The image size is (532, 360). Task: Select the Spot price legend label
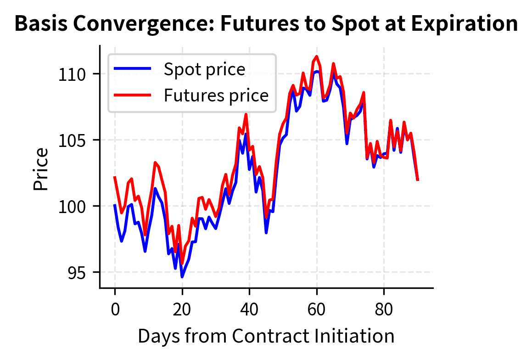tap(204, 69)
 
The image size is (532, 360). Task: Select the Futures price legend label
tap(216, 95)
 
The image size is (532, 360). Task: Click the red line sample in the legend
tap(132, 95)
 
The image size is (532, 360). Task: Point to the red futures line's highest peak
tap(317, 56)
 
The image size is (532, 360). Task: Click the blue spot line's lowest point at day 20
tap(182, 277)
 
